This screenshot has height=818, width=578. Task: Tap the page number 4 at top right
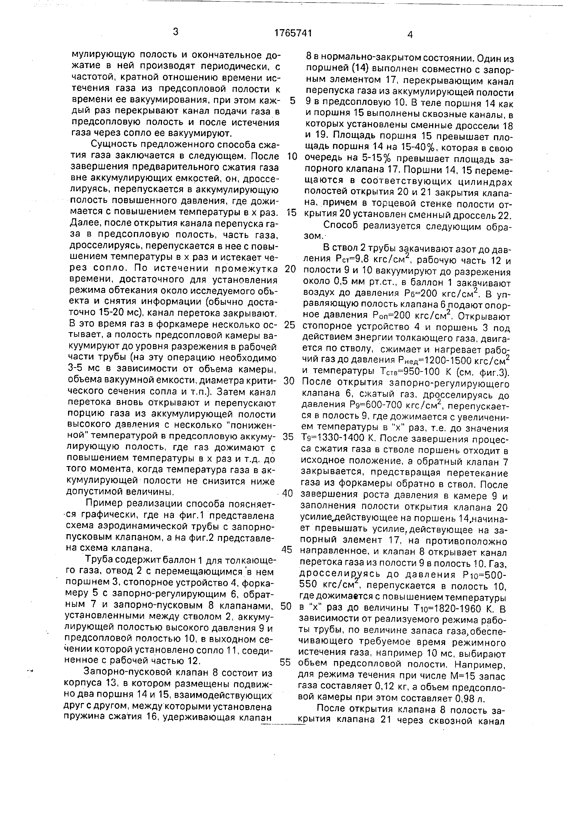click(x=410, y=34)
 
